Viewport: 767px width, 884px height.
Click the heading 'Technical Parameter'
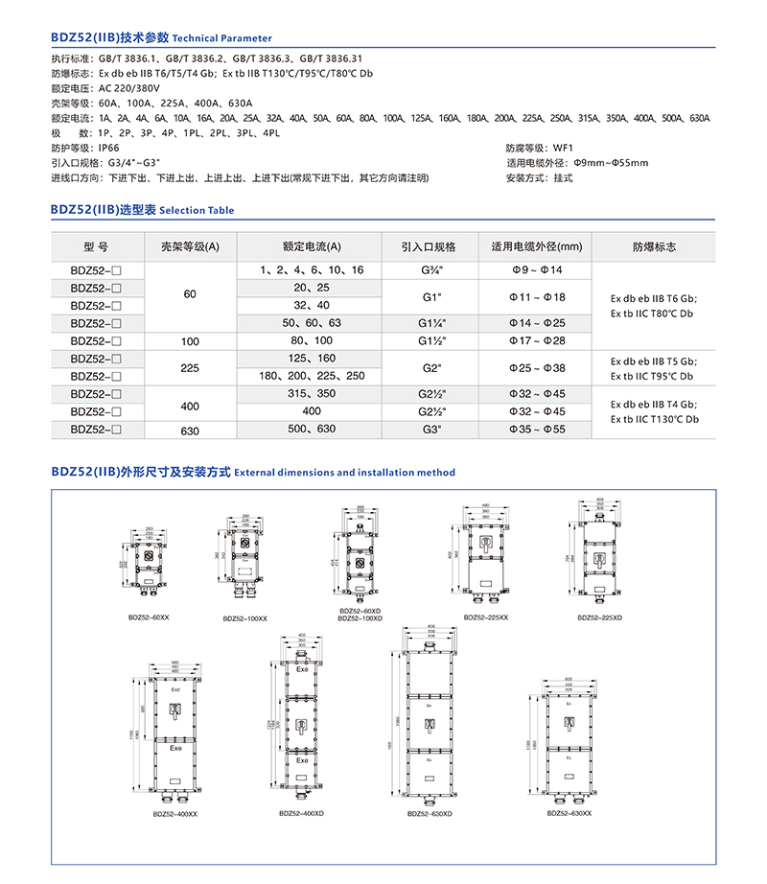222,38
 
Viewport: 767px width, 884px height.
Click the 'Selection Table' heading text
197,210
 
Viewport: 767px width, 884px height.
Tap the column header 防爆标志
654,246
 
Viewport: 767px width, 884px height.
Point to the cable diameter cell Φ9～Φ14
537,270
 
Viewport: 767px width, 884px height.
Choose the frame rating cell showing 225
190,366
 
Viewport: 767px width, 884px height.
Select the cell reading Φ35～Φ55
537,430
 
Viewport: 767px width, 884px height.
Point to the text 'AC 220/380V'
128,87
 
